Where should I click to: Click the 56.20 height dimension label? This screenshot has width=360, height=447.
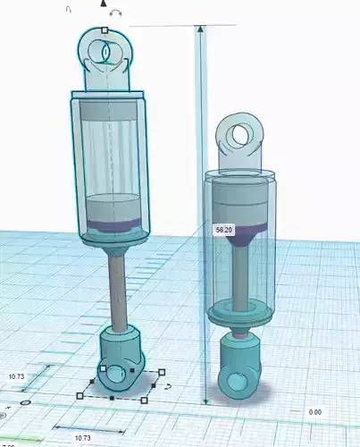click(x=223, y=230)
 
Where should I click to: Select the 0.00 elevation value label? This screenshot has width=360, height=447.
click(x=314, y=412)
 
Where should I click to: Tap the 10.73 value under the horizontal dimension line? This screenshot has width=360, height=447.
click(x=81, y=437)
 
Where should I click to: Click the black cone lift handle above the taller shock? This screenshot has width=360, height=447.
click(x=105, y=5)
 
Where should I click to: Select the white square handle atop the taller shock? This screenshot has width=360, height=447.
click(x=105, y=30)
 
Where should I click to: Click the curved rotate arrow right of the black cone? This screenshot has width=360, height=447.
click(x=116, y=13)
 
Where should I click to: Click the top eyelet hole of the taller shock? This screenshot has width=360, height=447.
click(x=105, y=54)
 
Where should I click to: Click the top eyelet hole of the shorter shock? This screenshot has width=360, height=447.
click(x=239, y=135)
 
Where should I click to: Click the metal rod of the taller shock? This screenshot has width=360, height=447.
click(x=118, y=286)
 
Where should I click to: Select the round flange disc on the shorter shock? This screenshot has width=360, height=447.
click(x=239, y=314)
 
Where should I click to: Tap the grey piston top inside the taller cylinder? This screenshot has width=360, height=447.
click(x=113, y=202)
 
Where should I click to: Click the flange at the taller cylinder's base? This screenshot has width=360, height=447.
click(x=113, y=238)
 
